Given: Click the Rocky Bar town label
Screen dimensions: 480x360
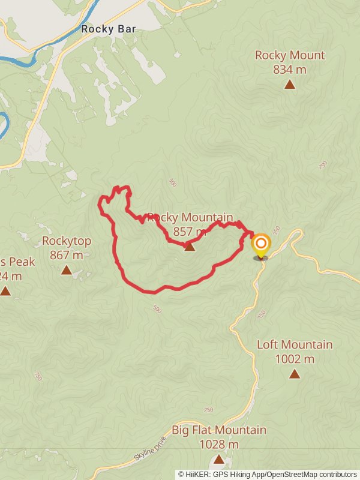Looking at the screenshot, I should (x=108, y=28).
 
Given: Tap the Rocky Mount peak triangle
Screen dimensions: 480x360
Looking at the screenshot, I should (x=290, y=85).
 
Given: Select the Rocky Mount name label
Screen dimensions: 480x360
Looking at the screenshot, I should (x=290, y=55).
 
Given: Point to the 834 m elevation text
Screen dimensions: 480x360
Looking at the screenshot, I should (x=290, y=70).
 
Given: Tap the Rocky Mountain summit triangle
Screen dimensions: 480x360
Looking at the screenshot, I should (x=190, y=247).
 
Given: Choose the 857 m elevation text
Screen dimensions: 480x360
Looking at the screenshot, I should (x=190, y=232).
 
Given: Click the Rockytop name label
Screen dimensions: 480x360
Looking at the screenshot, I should (x=67, y=241).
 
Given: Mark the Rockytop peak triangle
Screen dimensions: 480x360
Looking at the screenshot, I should (x=67, y=271).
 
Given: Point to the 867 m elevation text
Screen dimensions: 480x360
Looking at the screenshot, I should (x=67, y=256).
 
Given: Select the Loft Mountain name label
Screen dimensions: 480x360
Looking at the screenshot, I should (x=295, y=344).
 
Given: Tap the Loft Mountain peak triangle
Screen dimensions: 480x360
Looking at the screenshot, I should (x=295, y=374).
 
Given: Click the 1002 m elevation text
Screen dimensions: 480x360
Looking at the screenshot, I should (x=295, y=359).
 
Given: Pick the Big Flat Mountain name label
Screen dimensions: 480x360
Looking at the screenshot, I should (x=219, y=430).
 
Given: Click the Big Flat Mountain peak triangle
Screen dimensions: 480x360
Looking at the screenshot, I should (x=219, y=459).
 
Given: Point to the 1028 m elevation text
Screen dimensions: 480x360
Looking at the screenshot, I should (x=219, y=445).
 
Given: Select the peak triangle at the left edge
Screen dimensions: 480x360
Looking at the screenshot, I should (x=5, y=291).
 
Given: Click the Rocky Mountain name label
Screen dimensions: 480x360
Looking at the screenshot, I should (x=190, y=217).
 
